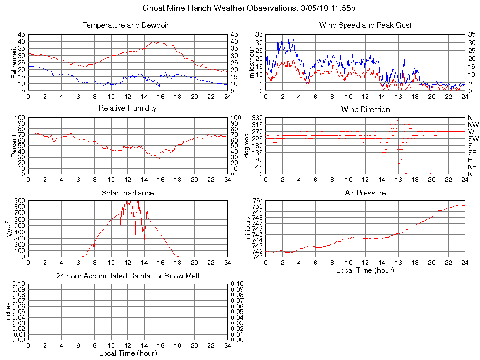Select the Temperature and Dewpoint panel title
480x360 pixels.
[x=127, y=25]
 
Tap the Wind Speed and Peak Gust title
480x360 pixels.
[x=365, y=25]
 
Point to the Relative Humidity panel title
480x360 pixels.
[x=127, y=109]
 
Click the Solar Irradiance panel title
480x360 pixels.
[x=127, y=193]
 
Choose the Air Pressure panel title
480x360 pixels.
[x=365, y=193]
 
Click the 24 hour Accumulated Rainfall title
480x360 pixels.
[x=127, y=276]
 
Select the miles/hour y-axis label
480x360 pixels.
[x=251, y=62]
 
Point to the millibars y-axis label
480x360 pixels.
[x=249, y=229]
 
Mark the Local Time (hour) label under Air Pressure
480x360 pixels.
[x=365, y=270]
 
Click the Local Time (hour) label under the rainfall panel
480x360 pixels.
[x=127, y=353]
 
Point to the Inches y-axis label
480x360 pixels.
[x=8, y=311]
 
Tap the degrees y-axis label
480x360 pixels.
[x=247, y=145]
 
